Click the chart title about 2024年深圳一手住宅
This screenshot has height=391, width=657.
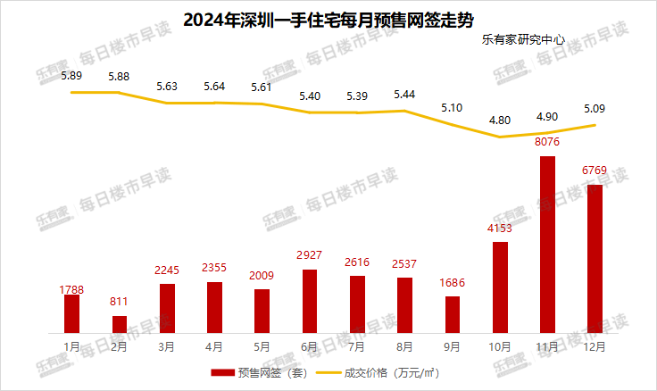tap(328, 18)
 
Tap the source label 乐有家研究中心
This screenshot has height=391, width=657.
tap(524, 40)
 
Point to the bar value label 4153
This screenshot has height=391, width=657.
tap(500, 230)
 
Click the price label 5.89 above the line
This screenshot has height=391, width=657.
tap(71, 77)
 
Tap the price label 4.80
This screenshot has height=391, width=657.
tap(500, 120)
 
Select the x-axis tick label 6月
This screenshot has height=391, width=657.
tap(310, 345)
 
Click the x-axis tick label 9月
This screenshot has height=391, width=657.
tap(453, 345)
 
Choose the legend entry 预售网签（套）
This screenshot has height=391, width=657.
tap(259, 372)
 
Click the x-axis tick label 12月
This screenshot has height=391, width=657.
tap(595, 345)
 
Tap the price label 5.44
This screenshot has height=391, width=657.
tap(404, 94)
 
